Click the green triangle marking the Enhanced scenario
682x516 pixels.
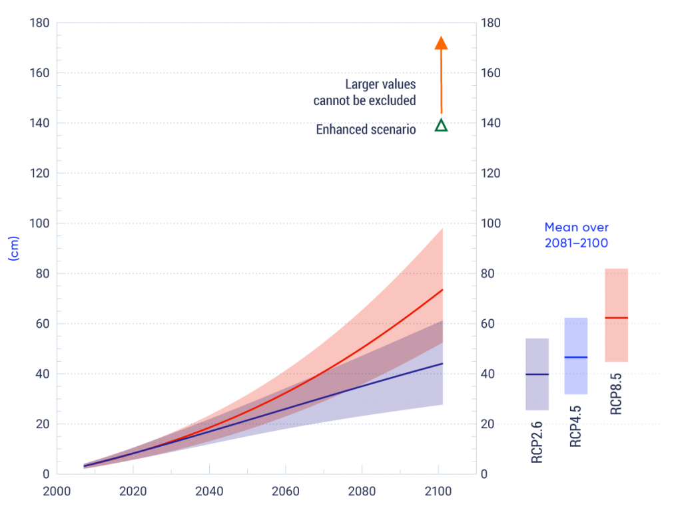[441, 125]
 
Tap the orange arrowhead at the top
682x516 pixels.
[441, 43]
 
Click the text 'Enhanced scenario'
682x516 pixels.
[366, 130]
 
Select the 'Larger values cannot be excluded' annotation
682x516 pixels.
[365, 92]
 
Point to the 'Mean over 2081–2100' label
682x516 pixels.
[576, 235]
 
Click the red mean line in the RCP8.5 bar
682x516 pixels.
[616, 318]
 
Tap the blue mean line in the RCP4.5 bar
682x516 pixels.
[576, 358]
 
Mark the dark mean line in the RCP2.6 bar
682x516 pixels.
[537, 374]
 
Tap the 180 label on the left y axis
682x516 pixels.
[39, 23]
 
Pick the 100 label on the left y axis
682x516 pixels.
[39, 223]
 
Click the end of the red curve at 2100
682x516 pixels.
[443, 290]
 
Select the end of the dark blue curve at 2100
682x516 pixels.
[443, 364]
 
